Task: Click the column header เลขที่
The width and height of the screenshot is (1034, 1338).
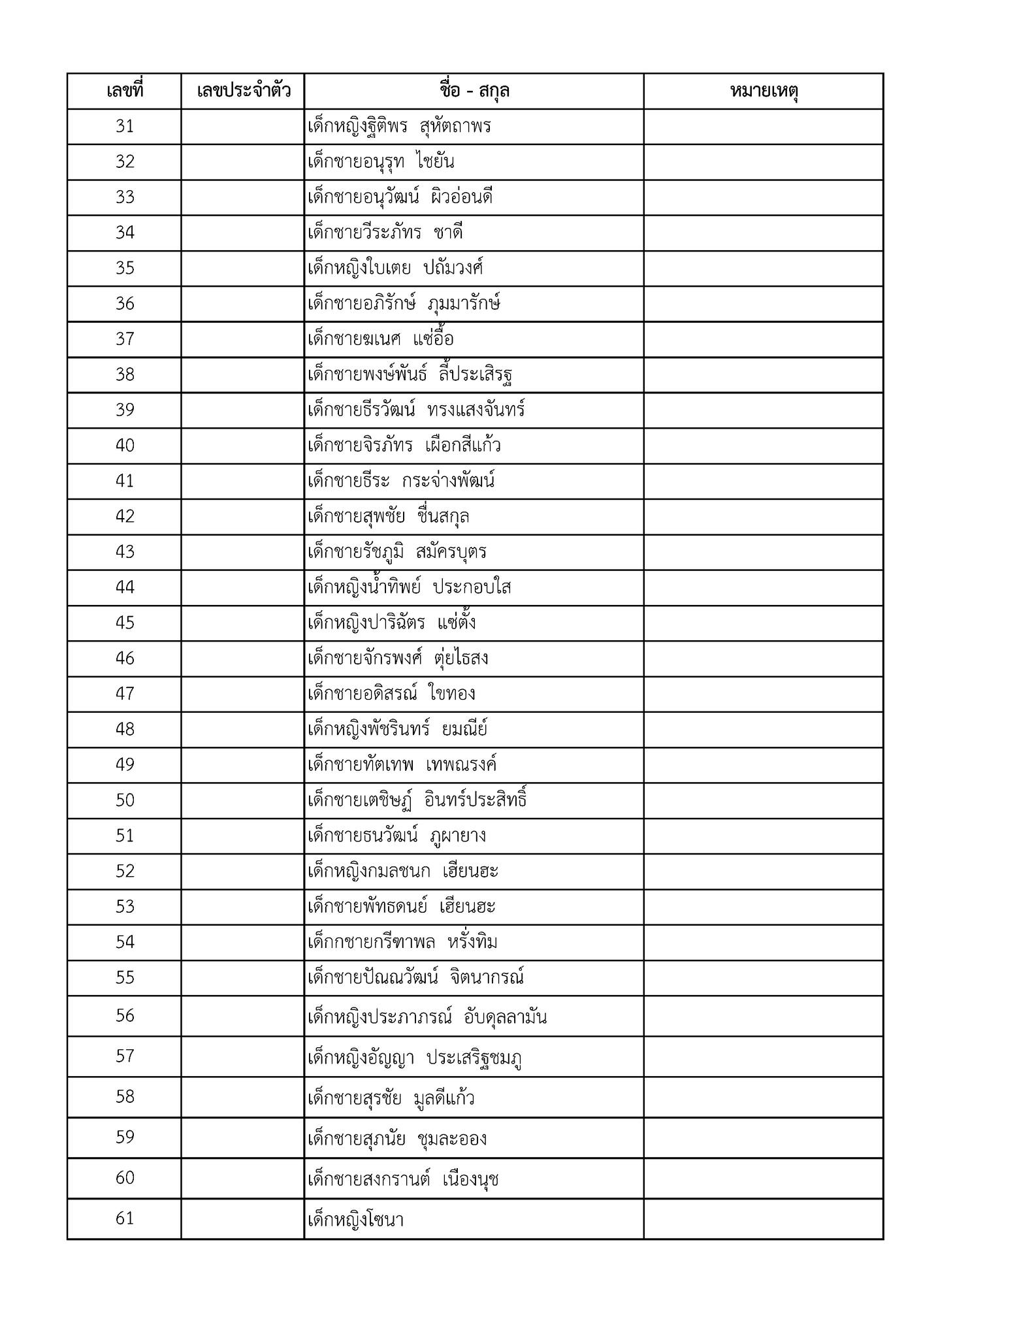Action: click(124, 91)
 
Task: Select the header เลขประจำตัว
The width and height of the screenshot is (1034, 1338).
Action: click(243, 91)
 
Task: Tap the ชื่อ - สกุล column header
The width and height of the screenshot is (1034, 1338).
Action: click(474, 91)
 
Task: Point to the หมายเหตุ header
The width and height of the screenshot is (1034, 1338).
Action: click(764, 91)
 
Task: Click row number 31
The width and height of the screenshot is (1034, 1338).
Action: click(125, 126)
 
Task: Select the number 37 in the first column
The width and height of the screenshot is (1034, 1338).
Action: click(125, 339)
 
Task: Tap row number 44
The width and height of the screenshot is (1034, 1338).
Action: click(125, 587)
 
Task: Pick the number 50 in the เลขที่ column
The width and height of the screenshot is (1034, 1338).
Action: click(125, 800)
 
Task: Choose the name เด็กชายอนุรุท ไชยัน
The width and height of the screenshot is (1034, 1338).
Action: click(381, 162)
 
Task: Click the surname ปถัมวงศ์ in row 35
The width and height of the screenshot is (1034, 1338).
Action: click(453, 269)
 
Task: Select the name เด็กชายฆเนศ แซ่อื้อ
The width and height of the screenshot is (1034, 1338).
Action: click(380, 340)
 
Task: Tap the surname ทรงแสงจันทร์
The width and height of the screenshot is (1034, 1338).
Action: click(476, 410)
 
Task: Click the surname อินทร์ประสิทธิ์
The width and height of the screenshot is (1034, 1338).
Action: click(476, 800)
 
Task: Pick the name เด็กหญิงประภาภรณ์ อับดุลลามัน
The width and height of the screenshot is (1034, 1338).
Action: click(427, 1017)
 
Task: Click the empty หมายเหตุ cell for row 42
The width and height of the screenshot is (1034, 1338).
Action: click(764, 517)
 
